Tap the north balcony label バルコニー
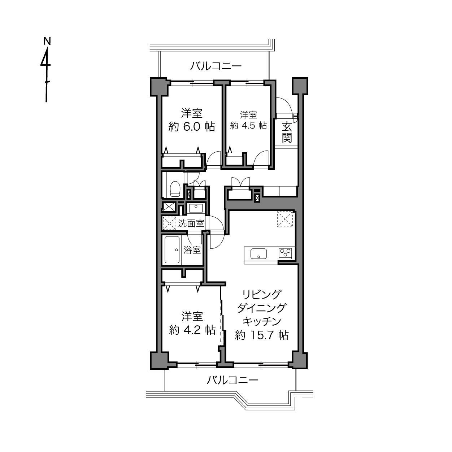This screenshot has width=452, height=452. tap(216, 66)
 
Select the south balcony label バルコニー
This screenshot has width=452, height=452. tap(232, 380)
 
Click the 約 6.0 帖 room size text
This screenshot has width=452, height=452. tap(192, 127)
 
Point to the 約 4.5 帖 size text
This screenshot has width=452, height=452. tap(248, 126)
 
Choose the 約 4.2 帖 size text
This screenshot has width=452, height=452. tap(192, 330)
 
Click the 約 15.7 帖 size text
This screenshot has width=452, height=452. tap(262, 335)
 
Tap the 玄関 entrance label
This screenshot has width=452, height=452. tap(287, 132)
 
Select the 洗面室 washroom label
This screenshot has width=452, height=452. tap(191, 223)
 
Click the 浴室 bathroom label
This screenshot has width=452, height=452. tap(192, 250)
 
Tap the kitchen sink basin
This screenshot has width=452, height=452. tap(258, 253)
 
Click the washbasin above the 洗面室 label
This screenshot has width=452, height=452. tap(196, 208)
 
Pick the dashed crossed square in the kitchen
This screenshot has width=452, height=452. tap(285, 219)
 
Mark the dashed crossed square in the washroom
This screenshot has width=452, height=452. tap(169, 223)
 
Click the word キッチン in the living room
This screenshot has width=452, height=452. tap(262, 321)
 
